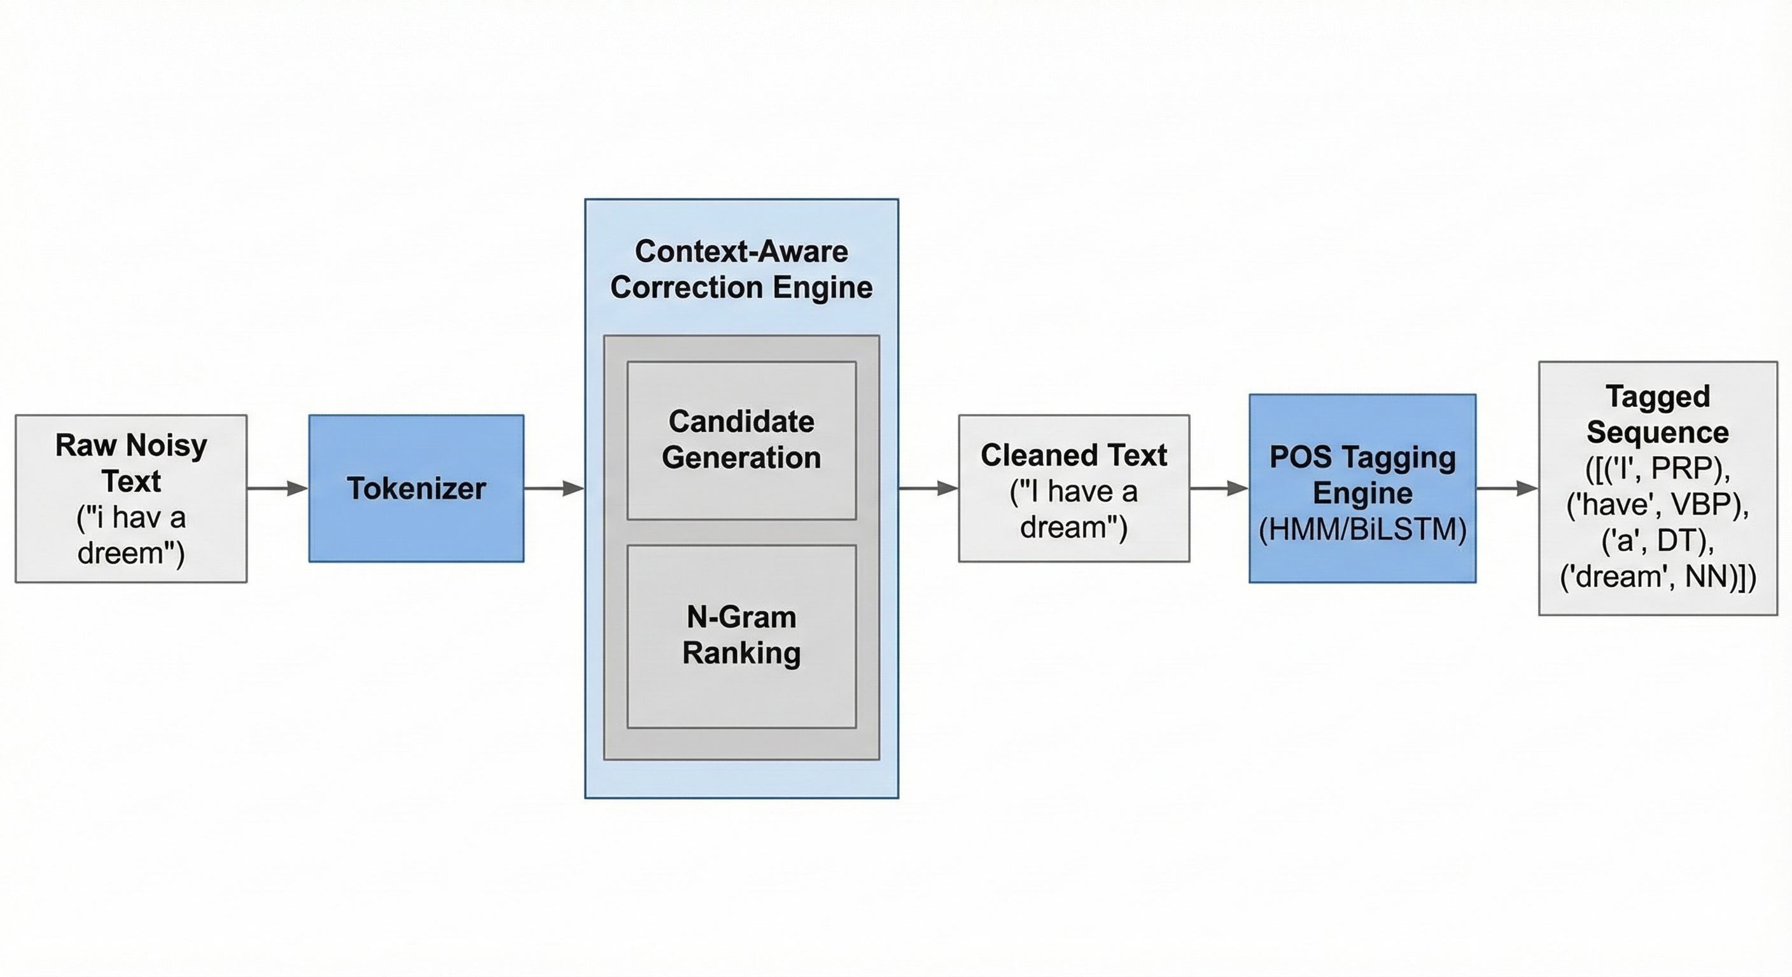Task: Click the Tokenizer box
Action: point(416,488)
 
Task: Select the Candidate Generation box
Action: point(741,440)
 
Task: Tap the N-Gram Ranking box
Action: point(741,635)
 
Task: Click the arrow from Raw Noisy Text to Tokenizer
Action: point(277,488)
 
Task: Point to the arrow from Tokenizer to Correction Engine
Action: point(554,488)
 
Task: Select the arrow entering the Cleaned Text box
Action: point(928,488)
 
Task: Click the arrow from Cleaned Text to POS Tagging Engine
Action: point(1219,488)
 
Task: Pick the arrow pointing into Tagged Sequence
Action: point(1507,488)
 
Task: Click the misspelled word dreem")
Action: point(131,553)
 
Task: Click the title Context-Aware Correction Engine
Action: point(741,269)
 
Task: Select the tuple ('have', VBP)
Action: point(1658,505)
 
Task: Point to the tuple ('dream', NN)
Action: point(1658,577)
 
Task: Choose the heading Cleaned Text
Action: point(1074,455)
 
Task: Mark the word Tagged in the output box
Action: point(1658,396)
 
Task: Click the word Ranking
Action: point(741,653)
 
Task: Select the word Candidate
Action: point(741,422)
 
